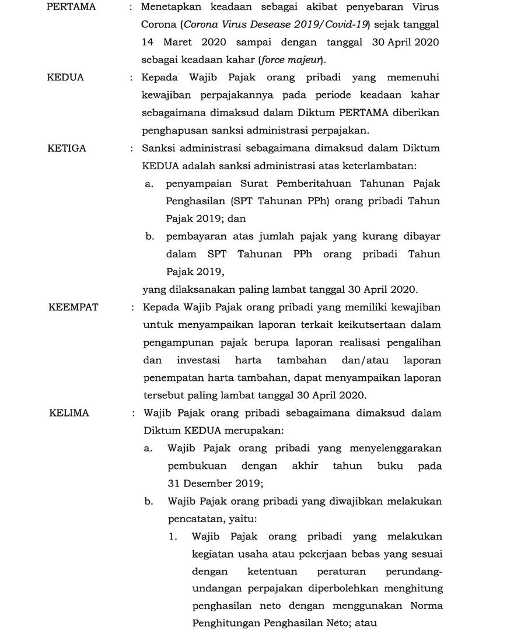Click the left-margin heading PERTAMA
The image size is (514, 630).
[71, 8]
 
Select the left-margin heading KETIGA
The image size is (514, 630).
[67, 148]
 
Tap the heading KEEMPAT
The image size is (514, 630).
[74, 307]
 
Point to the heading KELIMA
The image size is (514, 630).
[69, 413]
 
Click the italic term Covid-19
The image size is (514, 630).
[348, 26]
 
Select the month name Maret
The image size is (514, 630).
[180, 43]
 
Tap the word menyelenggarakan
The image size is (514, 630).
[396, 448]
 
